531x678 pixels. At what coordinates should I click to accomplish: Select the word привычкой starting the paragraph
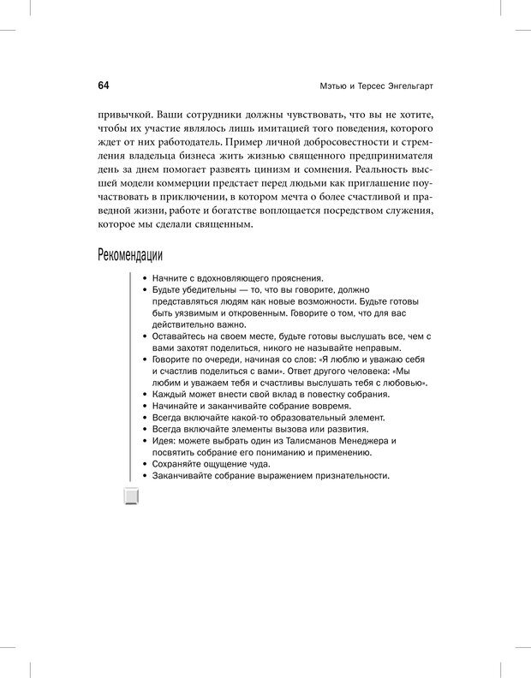[127, 113]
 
